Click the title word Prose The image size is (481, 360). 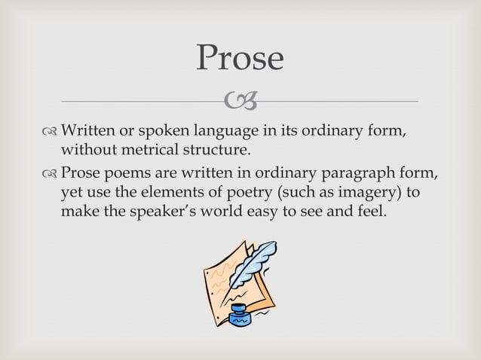tap(240, 58)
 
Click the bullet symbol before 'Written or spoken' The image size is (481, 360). tap(51, 132)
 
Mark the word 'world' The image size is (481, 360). tap(225, 212)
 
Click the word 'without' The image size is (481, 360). tap(86, 150)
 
